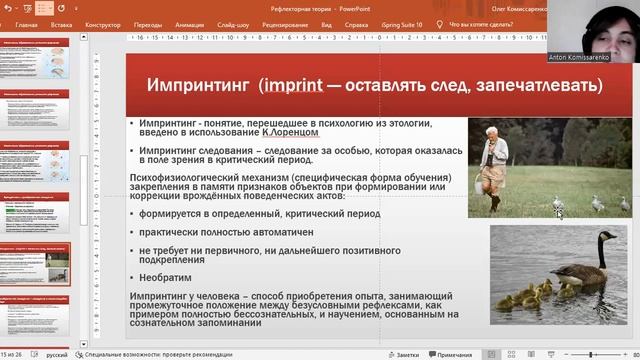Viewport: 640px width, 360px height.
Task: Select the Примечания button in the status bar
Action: pyautogui.click(x=453, y=354)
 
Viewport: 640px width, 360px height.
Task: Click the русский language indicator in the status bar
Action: pyautogui.click(x=58, y=354)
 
